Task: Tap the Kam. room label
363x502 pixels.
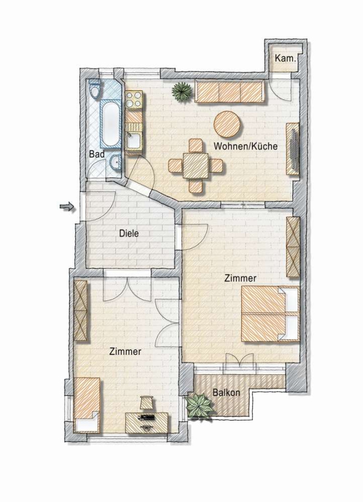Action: pos(285,59)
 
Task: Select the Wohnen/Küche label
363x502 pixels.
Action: pos(245,146)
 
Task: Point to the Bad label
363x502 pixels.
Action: pos(97,155)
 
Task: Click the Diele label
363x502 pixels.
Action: pos(129,233)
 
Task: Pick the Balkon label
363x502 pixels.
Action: pos(226,393)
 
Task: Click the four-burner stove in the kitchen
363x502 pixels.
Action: pos(134,100)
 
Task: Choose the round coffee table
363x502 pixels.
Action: pos(227,124)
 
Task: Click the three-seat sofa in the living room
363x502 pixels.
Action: pos(230,92)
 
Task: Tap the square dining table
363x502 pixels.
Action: pos(195,166)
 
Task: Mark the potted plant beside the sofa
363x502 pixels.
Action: pos(181,91)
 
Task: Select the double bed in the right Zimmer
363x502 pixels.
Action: pos(270,313)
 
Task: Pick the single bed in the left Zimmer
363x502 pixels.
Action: pos(87,405)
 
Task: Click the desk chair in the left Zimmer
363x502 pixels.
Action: pos(146,402)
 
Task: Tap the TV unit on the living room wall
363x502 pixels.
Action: pos(293,148)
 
